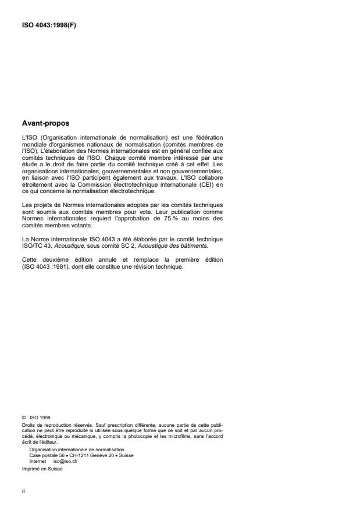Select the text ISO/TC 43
coord(34,245)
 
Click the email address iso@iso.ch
coord(65,460)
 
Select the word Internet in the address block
coord(38,460)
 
